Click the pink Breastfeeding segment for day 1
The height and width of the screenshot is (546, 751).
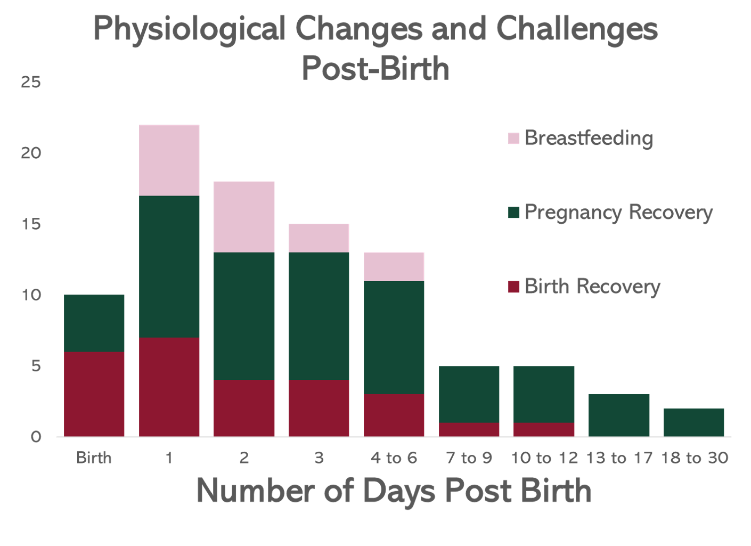click(x=169, y=160)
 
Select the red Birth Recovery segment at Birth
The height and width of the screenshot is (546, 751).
click(x=94, y=394)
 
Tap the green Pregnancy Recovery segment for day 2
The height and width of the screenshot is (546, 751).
click(x=244, y=316)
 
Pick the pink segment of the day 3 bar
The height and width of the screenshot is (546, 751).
click(x=319, y=238)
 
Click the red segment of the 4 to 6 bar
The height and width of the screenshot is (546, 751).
click(x=394, y=415)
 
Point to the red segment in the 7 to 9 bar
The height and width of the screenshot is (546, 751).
click(x=469, y=429)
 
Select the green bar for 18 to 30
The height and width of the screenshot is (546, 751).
click(x=693, y=422)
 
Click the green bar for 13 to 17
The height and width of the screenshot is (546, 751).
click(x=619, y=415)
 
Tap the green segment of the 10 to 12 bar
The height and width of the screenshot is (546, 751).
click(x=544, y=394)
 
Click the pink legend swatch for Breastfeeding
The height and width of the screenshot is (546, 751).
click(x=513, y=138)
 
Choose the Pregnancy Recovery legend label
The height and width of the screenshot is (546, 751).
click(x=618, y=213)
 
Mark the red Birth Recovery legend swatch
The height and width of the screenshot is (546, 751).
click(x=513, y=287)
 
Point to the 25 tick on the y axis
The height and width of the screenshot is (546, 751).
click(x=30, y=82)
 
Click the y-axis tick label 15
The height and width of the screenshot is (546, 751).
click(x=30, y=224)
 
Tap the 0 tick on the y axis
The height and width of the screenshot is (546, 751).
click(x=35, y=437)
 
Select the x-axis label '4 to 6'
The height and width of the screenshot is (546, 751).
click(x=394, y=458)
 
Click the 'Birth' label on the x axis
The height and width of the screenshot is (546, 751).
click(x=94, y=458)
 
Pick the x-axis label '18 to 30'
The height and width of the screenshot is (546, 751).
click(x=694, y=458)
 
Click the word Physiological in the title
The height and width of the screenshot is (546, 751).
click(x=190, y=29)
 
